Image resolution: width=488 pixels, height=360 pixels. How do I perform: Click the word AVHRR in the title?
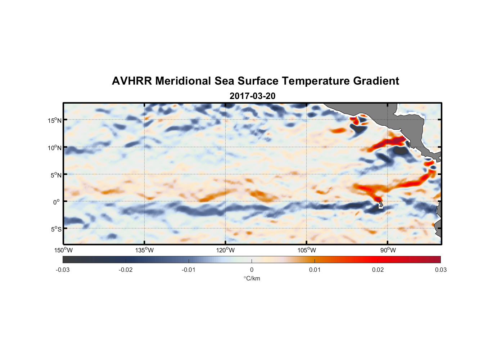(132, 81)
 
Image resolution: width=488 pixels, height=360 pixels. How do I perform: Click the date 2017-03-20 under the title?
(252, 96)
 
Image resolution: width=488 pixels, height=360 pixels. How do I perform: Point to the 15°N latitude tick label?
(55, 121)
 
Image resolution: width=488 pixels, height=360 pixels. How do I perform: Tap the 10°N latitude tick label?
(55, 148)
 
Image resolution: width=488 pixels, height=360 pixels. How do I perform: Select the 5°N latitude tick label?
(56, 175)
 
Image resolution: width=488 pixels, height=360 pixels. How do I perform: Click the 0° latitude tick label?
(57, 202)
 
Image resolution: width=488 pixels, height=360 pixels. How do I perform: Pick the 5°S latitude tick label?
(56, 229)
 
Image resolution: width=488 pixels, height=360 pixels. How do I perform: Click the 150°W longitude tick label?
(63, 250)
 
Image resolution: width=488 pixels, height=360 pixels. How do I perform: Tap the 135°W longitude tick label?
(144, 250)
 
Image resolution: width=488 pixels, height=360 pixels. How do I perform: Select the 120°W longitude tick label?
(226, 250)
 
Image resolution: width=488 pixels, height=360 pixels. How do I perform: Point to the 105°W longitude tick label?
(307, 250)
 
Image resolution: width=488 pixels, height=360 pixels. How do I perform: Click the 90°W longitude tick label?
(388, 250)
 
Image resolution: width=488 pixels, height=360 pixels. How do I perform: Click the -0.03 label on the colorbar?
(63, 270)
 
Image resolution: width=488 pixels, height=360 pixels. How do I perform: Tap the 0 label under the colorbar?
(252, 270)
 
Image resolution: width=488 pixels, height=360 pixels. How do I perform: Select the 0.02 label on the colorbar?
(378, 270)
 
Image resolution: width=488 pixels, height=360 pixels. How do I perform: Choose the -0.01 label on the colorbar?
(189, 270)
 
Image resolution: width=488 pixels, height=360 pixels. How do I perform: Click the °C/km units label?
(252, 278)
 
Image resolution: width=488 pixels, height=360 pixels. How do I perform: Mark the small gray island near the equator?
(381, 205)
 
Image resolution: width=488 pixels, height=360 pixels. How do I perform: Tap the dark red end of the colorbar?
(437, 259)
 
